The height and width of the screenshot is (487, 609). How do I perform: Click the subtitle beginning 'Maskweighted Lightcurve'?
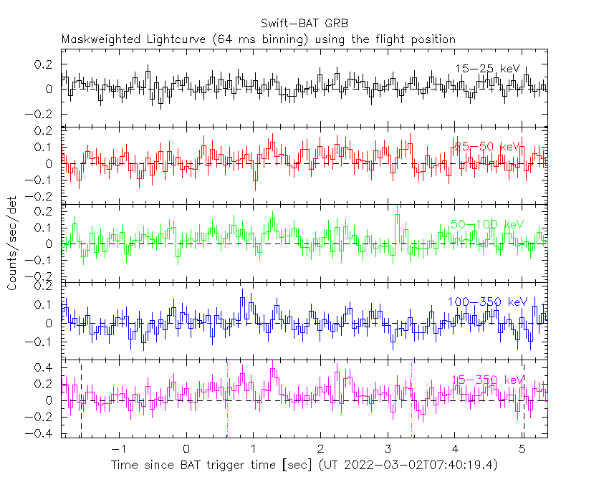tap(259, 39)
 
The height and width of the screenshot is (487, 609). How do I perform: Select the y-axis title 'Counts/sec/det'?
tap(12, 243)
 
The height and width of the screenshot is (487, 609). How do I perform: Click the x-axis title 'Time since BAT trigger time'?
tap(214, 466)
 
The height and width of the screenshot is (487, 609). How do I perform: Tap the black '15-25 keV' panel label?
tap(487, 69)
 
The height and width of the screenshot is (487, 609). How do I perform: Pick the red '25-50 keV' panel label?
tap(487, 146)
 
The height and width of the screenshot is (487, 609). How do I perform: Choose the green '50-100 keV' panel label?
tap(487, 224)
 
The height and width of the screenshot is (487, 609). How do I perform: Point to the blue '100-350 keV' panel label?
tap(487, 302)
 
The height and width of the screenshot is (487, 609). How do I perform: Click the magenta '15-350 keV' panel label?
tap(487, 380)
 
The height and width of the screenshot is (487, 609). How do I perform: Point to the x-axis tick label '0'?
tap(186, 448)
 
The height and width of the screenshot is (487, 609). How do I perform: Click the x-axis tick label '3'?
tap(388, 448)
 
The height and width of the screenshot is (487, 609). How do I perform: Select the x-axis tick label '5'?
tap(522, 448)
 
